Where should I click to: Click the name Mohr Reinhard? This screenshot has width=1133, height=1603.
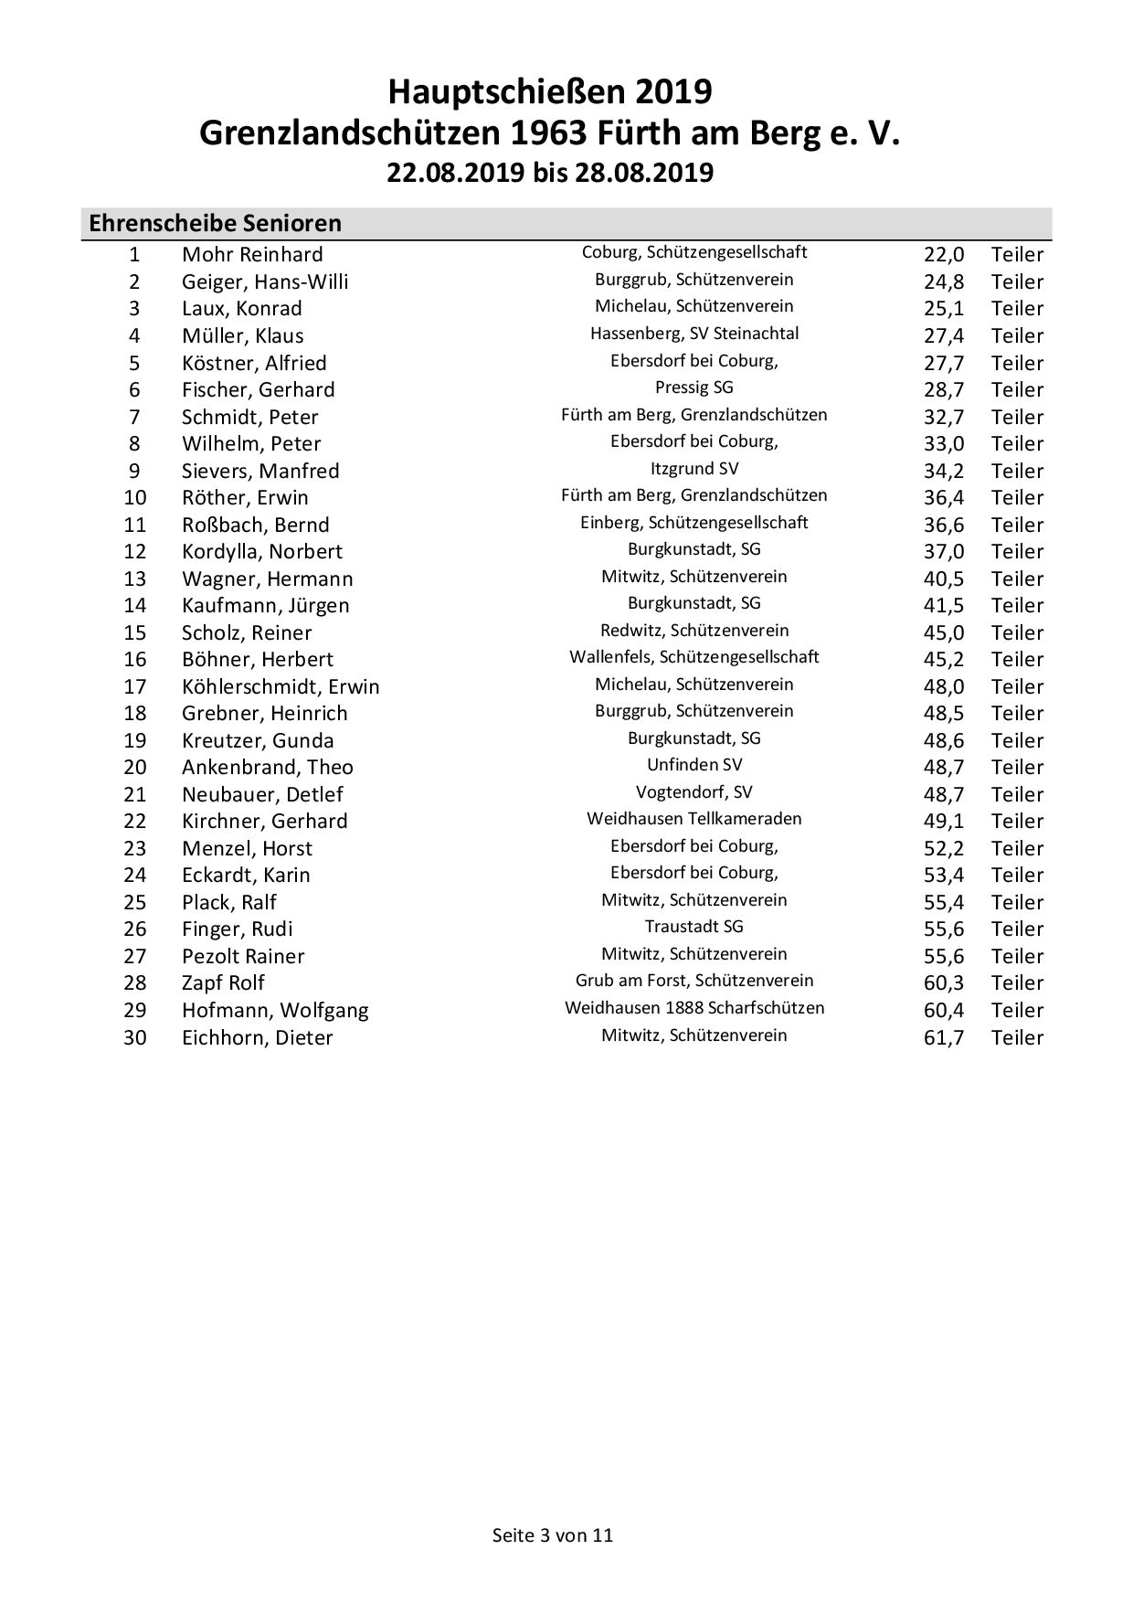(252, 254)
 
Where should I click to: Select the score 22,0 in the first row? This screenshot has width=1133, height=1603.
(943, 254)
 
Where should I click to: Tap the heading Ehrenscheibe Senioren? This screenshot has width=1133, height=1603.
(215, 223)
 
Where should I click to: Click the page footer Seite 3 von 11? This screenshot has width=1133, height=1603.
(553, 1534)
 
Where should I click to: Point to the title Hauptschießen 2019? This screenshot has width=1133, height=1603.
(550, 92)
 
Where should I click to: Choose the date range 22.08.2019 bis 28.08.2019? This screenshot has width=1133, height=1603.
(550, 173)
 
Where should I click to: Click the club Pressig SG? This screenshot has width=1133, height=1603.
(694, 387)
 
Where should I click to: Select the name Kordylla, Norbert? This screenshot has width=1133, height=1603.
(262, 551)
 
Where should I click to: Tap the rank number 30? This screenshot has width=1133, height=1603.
(135, 1037)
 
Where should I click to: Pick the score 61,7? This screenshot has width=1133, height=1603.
(943, 1037)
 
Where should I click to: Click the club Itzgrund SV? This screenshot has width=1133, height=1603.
(694, 469)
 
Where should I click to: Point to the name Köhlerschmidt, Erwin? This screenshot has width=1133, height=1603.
(281, 686)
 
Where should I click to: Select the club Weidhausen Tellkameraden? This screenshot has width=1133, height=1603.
(694, 819)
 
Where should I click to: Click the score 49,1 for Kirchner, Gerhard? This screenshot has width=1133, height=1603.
(943, 821)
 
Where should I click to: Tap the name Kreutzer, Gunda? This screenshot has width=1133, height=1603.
(258, 740)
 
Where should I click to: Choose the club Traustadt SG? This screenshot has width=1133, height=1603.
(694, 927)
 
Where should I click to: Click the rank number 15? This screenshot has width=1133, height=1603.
(135, 632)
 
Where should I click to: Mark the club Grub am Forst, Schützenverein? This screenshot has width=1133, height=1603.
(694, 981)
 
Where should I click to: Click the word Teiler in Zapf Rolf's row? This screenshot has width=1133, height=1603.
(1017, 982)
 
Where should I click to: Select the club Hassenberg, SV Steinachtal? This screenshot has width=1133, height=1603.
(694, 334)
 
